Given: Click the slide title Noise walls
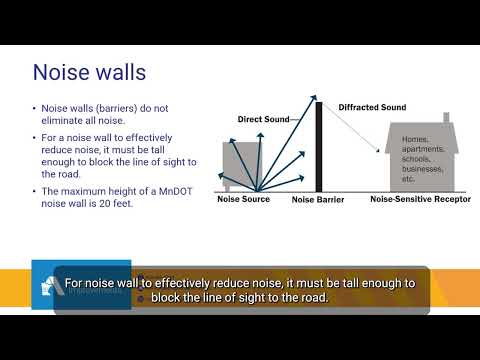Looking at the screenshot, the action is (x=89, y=72).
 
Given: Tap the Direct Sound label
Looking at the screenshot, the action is (x=263, y=119).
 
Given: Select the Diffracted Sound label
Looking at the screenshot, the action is (x=372, y=107).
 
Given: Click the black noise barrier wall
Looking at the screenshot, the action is (x=319, y=147).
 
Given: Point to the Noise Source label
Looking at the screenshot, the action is (x=243, y=199).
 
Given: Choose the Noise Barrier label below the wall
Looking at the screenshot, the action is (x=318, y=200).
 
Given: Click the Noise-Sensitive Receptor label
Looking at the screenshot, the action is (x=420, y=199).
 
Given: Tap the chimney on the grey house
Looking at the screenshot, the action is (x=446, y=117).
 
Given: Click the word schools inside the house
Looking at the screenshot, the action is (x=416, y=159).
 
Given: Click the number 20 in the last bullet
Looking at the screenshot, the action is (x=105, y=203).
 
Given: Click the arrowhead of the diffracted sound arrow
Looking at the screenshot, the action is (x=378, y=150).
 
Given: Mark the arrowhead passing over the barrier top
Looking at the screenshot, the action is (x=314, y=97).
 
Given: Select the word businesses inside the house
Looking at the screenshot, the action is (x=422, y=169).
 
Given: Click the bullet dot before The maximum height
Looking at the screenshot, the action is (x=34, y=191).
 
